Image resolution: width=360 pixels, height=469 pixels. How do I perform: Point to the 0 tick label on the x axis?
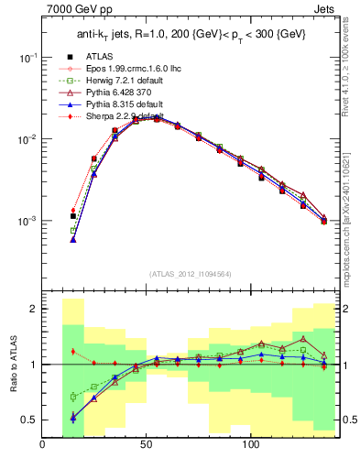tap(43, 446)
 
